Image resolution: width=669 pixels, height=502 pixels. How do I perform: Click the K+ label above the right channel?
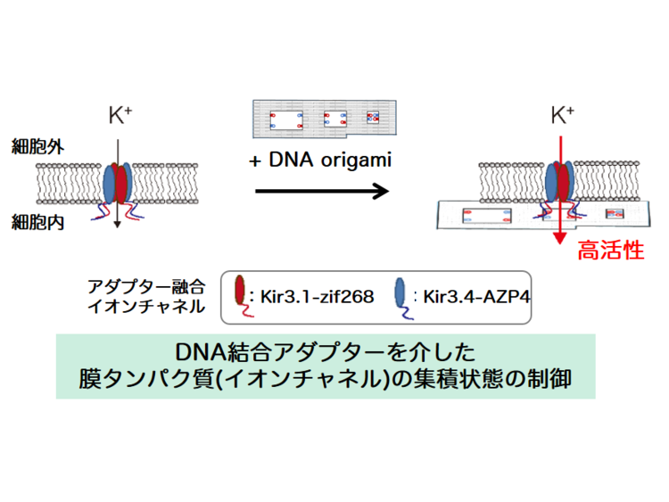tap(562, 114)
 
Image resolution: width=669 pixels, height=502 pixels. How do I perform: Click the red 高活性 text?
tap(611, 251)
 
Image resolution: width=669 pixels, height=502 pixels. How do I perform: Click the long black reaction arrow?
tap(321, 191)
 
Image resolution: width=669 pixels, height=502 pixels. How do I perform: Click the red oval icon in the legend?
tap(239, 291)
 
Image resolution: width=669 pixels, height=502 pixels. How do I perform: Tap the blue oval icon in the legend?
tap(401, 291)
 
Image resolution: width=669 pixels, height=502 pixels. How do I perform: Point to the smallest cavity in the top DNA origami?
tap(373, 117)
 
